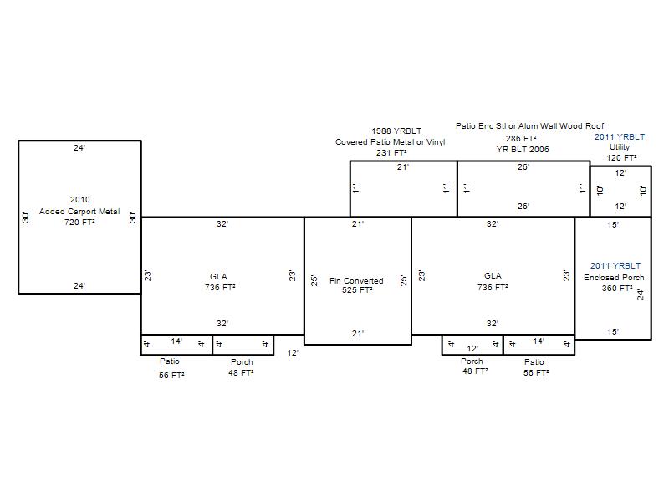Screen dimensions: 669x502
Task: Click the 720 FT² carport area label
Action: [79, 222]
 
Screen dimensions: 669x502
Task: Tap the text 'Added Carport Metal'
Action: [79, 212]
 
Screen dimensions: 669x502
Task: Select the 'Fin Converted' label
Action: [356, 280]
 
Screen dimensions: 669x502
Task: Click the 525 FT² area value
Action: [357, 289]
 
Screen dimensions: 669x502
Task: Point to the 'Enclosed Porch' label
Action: [614, 277]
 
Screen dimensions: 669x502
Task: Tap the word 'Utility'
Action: [620, 147]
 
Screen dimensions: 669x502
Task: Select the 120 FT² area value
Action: [621, 157]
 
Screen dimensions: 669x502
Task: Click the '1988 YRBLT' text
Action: [396, 131]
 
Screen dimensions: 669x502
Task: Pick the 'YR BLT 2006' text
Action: [523, 149]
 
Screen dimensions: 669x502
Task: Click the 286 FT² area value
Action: [521, 138]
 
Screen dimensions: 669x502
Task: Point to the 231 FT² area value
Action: [391, 152]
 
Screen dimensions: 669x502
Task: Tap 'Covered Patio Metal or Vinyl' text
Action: [390, 141]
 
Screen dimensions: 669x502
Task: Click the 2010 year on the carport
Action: [79, 199]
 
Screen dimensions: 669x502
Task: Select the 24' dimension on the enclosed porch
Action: [641, 295]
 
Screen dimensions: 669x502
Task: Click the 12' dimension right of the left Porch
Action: [293, 352]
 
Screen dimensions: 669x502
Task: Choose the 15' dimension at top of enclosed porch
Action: [613, 224]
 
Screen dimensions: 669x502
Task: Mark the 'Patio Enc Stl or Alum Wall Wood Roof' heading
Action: [529, 126]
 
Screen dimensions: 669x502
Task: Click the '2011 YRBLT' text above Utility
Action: [620, 136]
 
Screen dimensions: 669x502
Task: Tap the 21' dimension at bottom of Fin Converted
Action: [358, 333]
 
